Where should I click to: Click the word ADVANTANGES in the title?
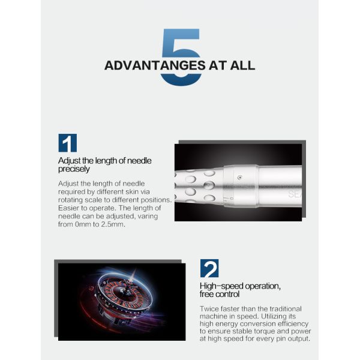coord(155,65)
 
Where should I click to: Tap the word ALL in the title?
coord(242,65)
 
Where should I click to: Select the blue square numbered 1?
coord(67,143)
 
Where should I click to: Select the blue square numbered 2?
coord(209,268)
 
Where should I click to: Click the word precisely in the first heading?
coord(74,169)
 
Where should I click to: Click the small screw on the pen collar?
coord(240,177)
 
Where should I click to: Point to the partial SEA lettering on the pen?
coord(295,194)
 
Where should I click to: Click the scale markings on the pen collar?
coord(230,199)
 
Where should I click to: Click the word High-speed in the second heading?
coord(221,286)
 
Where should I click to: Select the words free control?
coord(220,294)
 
